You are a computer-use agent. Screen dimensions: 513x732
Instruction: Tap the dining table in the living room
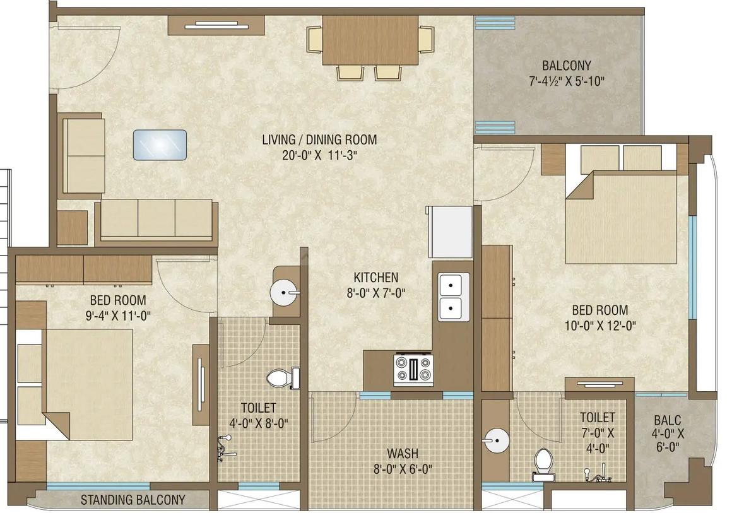click(x=370, y=40)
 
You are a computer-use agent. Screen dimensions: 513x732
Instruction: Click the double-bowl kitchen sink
click(x=454, y=297)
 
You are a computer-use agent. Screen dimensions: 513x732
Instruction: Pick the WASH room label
click(x=403, y=454)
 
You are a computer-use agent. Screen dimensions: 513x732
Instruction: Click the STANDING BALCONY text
click(x=133, y=500)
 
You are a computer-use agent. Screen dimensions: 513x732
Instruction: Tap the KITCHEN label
click(x=375, y=278)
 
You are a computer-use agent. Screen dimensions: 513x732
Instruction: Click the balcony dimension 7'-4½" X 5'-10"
click(x=567, y=81)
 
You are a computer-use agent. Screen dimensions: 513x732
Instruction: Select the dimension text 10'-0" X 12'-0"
click(x=599, y=326)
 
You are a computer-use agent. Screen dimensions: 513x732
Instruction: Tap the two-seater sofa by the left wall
click(x=83, y=155)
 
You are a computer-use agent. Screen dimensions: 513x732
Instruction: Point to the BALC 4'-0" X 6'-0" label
click(x=667, y=433)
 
